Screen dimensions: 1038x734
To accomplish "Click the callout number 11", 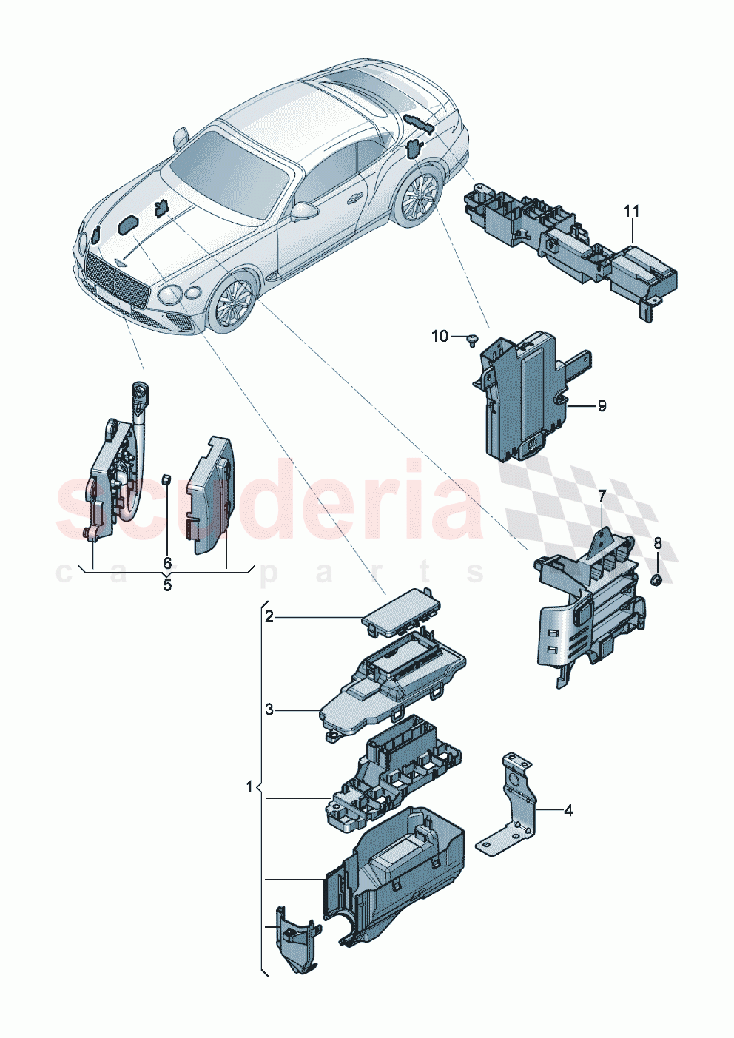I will pyautogui.click(x=630, y=212).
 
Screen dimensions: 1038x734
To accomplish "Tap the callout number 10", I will pyautogui.click(x=440, y=337).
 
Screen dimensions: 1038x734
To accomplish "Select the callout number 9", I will pyautogui.click(x=602, y=405).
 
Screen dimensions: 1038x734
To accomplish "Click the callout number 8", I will pyautogui.click(x=657, y=544).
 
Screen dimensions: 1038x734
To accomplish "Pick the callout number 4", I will pyautogui.click(x=568, y=810).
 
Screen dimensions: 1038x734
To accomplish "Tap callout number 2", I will pyautogui.click(x=269, y=616).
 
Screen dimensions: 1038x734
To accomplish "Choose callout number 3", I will pyautogui.click(x=269, y=710).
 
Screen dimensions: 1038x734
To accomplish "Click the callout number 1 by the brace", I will pyautogui.click(x=249, y=786).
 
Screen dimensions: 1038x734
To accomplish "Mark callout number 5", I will pyautogui.click(x=167, y=585).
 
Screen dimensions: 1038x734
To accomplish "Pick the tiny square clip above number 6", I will pyautogui.click(x=167, y=478).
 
